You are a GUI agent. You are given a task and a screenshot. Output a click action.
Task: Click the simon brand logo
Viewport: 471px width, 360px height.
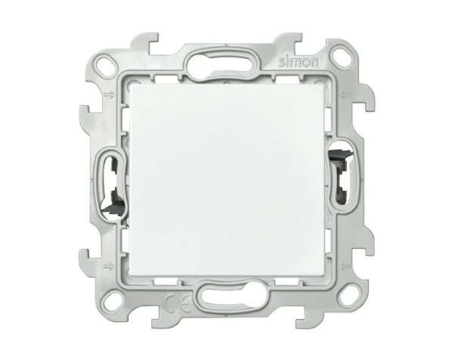point(299,62)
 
